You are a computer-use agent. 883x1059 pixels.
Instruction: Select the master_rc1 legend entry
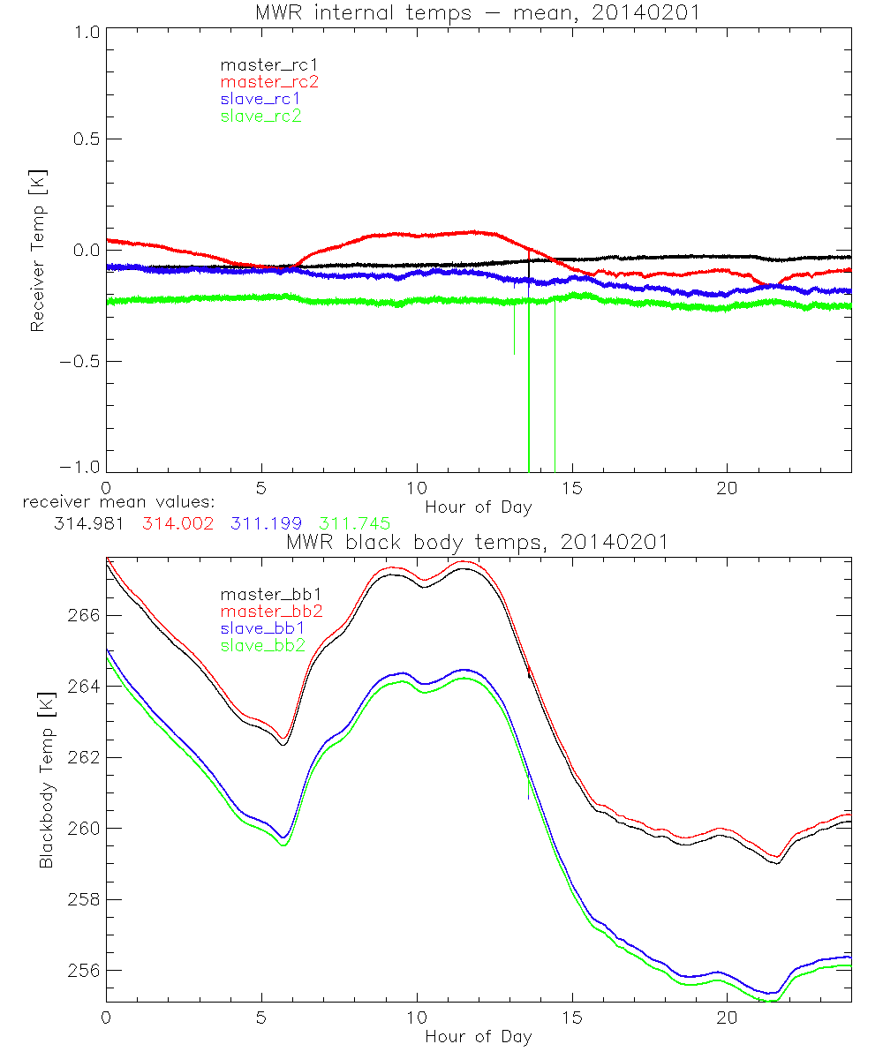pos(260,64)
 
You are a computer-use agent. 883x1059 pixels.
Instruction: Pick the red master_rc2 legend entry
pos(268,81)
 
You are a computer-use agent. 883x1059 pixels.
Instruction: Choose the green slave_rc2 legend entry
pos(260,115)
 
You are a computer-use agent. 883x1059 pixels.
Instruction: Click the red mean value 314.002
pos(177,523)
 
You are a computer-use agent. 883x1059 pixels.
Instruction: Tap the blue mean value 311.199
pos(267,523)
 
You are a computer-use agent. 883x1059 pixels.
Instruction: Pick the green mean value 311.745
pos(356,523)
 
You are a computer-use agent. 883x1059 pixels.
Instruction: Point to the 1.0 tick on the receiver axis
pos(85,31)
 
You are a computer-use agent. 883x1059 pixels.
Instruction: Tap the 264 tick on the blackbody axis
pos(83,687)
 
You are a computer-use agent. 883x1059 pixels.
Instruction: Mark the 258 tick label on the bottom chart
pos(83,899)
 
